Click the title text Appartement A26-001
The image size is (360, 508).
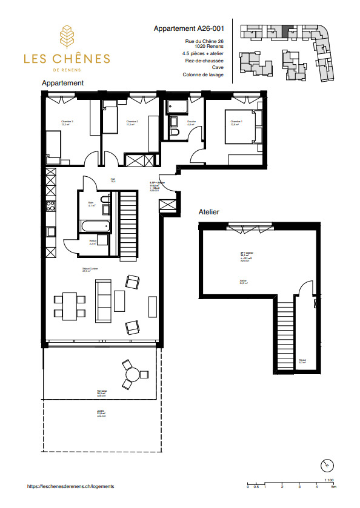point(188,28)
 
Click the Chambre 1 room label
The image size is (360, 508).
point(236,122)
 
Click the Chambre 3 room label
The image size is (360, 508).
point(67,122)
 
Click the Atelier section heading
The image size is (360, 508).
point(208,213)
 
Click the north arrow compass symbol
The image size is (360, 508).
point(327,464)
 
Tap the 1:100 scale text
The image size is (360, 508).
point(330,480)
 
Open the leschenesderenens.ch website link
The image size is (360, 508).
point(71,486)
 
